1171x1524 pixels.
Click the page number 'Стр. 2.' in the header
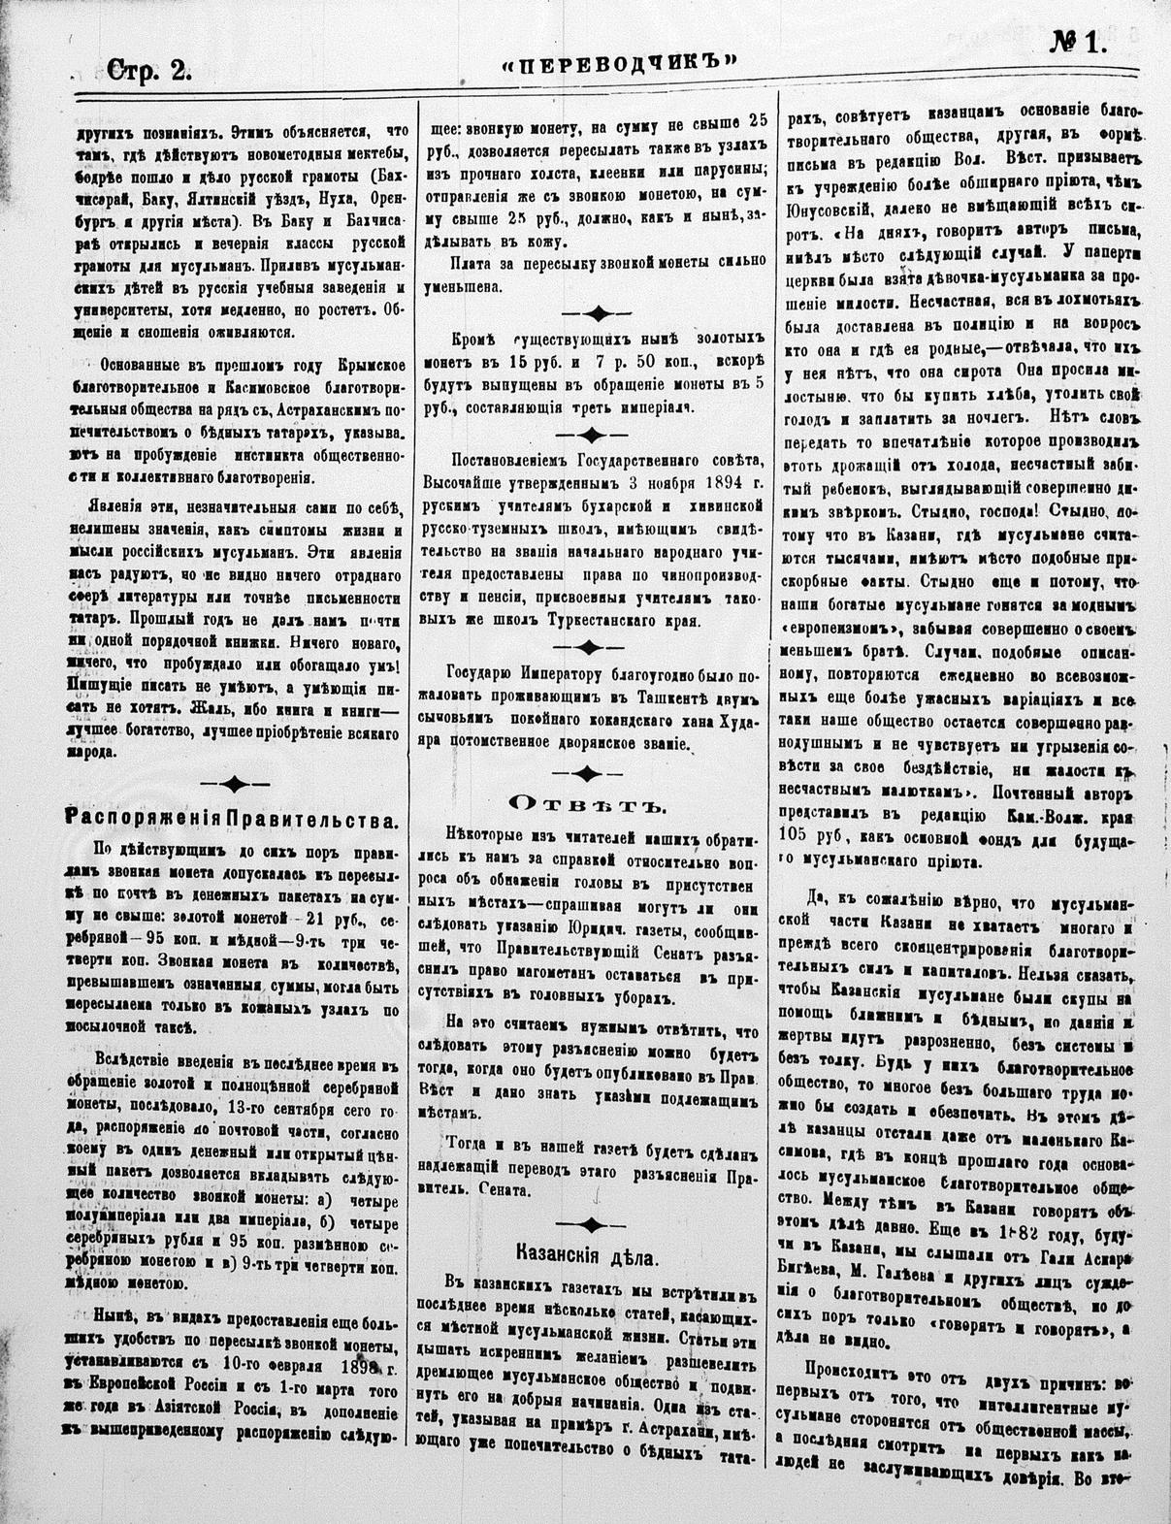149,68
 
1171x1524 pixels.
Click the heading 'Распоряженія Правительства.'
231,819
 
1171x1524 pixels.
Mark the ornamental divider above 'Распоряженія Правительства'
231,784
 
